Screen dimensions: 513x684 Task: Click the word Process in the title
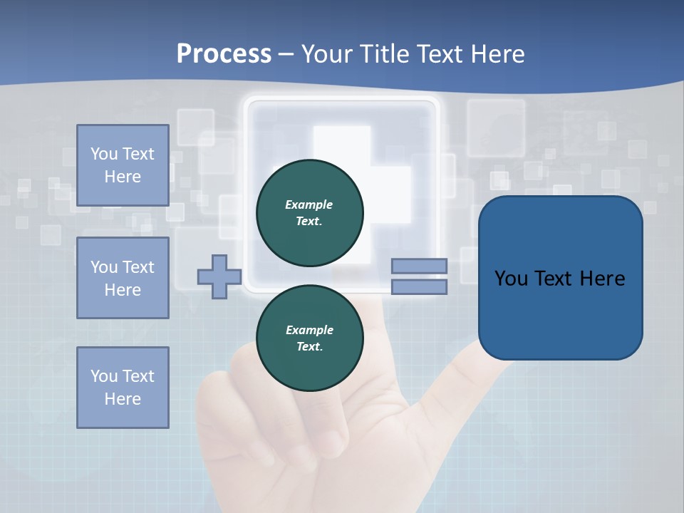(x=224, y=54)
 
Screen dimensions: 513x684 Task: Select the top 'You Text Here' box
(x=123, y=165)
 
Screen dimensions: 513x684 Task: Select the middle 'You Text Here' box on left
(x=123, y=278)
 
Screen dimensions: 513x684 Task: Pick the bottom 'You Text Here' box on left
(x=123, y=388)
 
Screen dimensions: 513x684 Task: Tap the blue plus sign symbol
(x=219, y=276)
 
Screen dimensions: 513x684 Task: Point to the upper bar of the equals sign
(x=419, y=266)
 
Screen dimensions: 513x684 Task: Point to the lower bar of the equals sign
(x=419, y=287)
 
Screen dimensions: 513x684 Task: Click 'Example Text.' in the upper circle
(x=309, y=212)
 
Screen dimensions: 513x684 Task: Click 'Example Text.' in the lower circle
(x=309, y=338)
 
